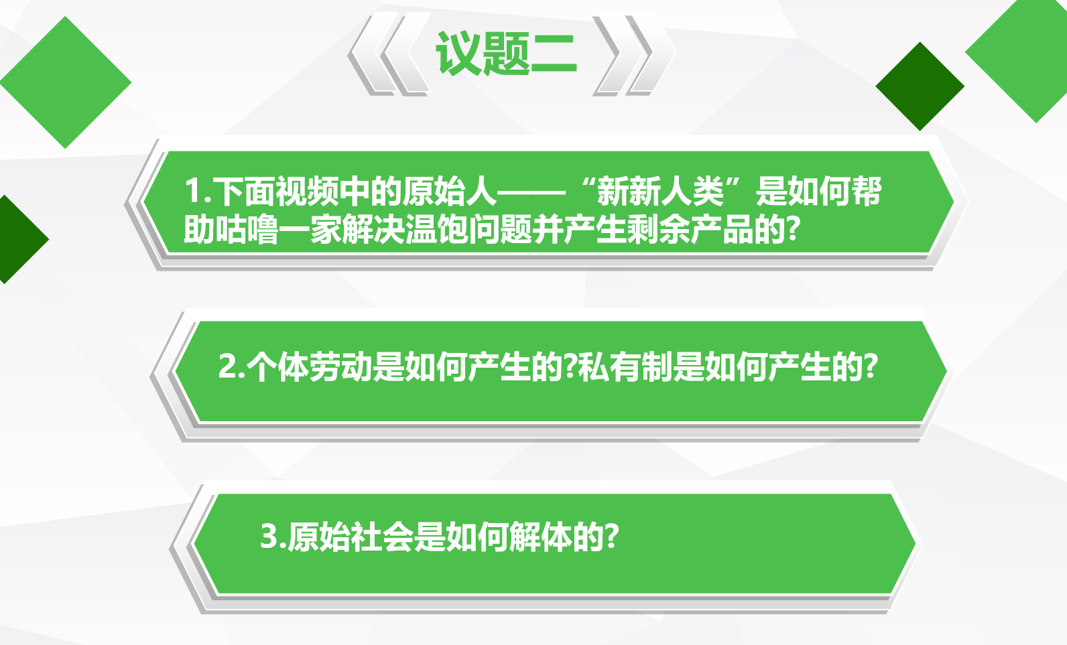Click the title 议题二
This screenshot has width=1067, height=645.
click(506, 54)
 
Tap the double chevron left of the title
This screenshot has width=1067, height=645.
click(388, 54)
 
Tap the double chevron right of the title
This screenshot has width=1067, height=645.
click(633, 54)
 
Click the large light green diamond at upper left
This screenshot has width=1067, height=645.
click(65, 82)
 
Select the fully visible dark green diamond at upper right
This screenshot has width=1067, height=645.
click(920, 86)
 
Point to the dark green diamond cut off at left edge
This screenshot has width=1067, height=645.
click(21, 239)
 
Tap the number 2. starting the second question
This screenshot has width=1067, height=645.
click(231, 366)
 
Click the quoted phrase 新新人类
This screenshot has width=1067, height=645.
click(660, 192)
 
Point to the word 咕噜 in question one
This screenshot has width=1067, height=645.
click(247, 230)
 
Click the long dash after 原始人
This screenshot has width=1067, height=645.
click(531, 192)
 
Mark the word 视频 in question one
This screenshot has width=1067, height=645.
click(307, 192)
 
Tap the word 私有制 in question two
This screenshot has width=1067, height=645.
click(625, 367)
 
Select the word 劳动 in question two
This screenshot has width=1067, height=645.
click(340, 367)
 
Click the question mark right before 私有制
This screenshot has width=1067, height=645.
click(570, 367)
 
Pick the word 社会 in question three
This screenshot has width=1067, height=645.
click(381, 536)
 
